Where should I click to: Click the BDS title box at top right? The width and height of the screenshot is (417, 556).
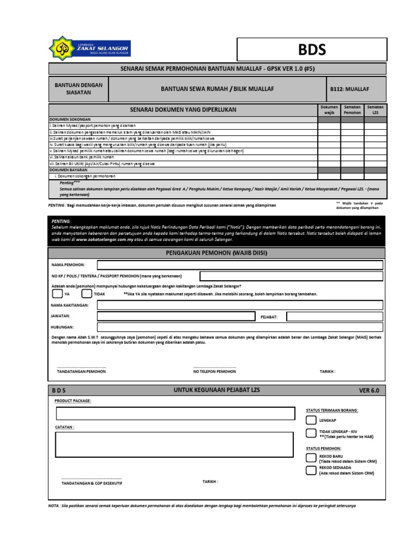(x=312, y=50)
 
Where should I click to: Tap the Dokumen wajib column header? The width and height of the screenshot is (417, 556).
(x=329, y=110)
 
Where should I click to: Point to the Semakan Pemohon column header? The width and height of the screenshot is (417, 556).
(x=352, y=110)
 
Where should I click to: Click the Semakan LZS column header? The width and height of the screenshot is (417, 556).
(x=375, y=110)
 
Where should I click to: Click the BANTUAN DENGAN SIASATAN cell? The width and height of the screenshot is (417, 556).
(x=79, y=89)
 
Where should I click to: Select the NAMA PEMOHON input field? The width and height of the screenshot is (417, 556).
(x=239, y=265)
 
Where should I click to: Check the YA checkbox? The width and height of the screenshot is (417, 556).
(x=57, y=294)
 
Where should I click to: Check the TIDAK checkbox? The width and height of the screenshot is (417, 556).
(x=86, y=294)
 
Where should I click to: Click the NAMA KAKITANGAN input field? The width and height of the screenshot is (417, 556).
(x=239, y=305)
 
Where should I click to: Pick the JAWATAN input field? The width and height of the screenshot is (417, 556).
(x=175, y=317)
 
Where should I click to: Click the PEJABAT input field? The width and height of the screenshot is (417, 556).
(x=334, y=317)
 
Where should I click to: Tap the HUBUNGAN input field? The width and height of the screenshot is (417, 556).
(x=239, y=328)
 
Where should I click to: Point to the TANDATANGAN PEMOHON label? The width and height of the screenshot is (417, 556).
(x=81, y=371)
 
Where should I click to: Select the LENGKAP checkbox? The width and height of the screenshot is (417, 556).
(x=310, y=420)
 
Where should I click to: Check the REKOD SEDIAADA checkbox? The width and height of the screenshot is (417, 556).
(x=310, y=471)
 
